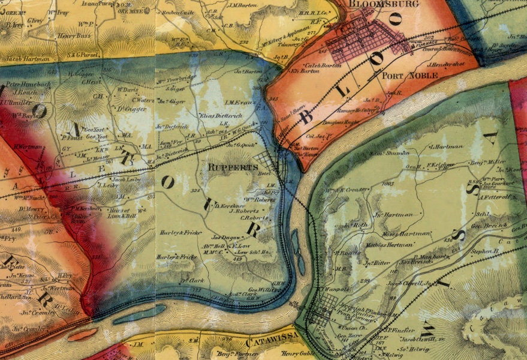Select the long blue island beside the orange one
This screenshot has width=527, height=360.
tap(138, 314)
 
